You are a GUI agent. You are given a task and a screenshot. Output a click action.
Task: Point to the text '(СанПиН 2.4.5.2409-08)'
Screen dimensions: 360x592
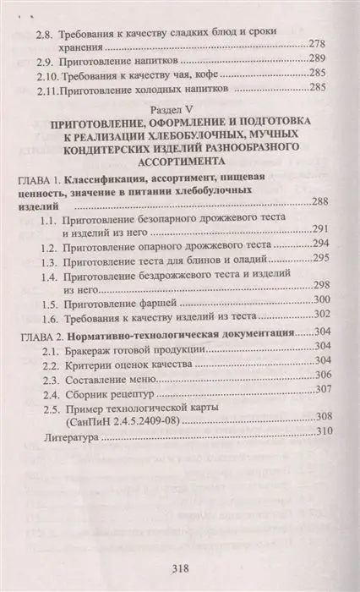pyautogui.click(x=128, y=418)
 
